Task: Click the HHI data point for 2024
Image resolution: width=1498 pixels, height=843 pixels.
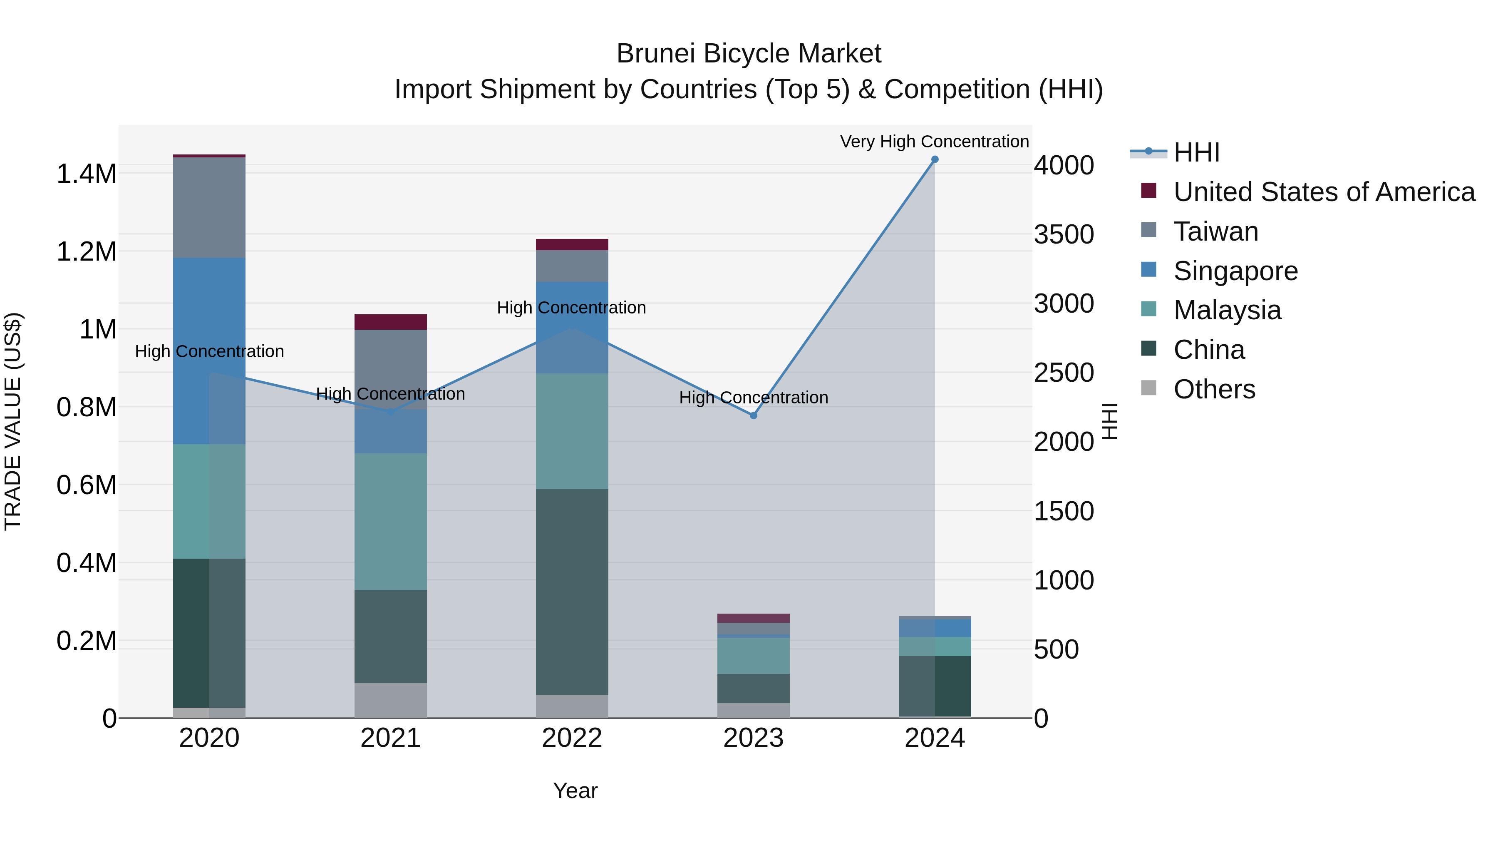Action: coord(935,159)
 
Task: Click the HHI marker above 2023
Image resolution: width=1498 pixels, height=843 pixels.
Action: coord(753,415)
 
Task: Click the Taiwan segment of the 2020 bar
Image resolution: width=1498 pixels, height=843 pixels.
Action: coord(209,207)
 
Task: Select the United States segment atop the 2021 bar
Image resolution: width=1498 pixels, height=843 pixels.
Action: coord(390,322)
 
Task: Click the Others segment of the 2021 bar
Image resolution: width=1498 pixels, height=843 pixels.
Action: coord(390,701)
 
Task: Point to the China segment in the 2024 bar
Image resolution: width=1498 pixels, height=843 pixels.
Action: coord(935,686)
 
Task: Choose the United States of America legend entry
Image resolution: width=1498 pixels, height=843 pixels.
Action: coord(1324,192)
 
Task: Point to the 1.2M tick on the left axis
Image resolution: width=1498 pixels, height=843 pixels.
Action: coord(86,252)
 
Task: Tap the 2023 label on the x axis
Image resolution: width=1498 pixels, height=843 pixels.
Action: coord(753,738)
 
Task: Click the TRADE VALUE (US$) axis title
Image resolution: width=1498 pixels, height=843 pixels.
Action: coord(13,421)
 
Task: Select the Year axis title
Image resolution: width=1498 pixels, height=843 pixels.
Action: coord(575,791)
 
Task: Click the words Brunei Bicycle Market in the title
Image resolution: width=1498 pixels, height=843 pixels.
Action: coord(749,54)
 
